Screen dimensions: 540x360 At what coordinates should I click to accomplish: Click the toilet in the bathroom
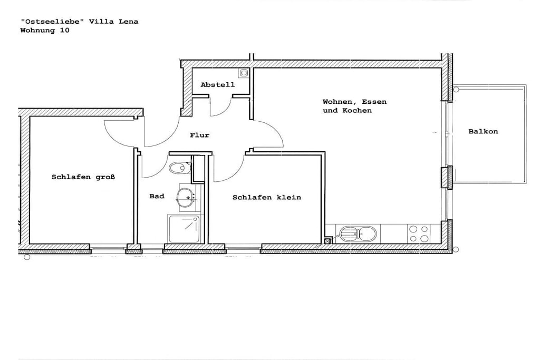180,168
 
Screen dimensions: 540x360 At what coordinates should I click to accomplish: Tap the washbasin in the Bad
186,198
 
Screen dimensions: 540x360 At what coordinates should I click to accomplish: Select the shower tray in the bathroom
185,229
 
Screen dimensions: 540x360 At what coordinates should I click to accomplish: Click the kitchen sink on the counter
358,233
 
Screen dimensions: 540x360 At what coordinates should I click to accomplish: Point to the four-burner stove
419,233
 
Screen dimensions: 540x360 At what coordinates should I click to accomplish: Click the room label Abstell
218,85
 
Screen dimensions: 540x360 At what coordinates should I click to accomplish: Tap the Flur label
199,135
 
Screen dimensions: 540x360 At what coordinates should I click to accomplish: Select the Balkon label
483,131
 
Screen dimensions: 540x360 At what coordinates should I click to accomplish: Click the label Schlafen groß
83,177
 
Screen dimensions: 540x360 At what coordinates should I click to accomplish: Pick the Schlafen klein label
267,198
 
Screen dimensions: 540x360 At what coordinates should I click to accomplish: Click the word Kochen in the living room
357,111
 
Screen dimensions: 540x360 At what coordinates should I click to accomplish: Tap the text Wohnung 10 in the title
45,30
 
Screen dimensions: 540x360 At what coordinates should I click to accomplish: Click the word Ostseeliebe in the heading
52,21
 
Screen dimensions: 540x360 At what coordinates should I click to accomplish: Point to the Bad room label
157,196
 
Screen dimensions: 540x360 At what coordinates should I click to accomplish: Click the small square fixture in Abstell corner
244,73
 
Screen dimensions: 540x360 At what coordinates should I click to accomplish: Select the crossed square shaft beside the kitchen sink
327,241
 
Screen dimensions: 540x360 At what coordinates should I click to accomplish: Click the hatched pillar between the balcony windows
447,177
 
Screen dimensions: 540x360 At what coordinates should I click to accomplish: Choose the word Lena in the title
129,21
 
